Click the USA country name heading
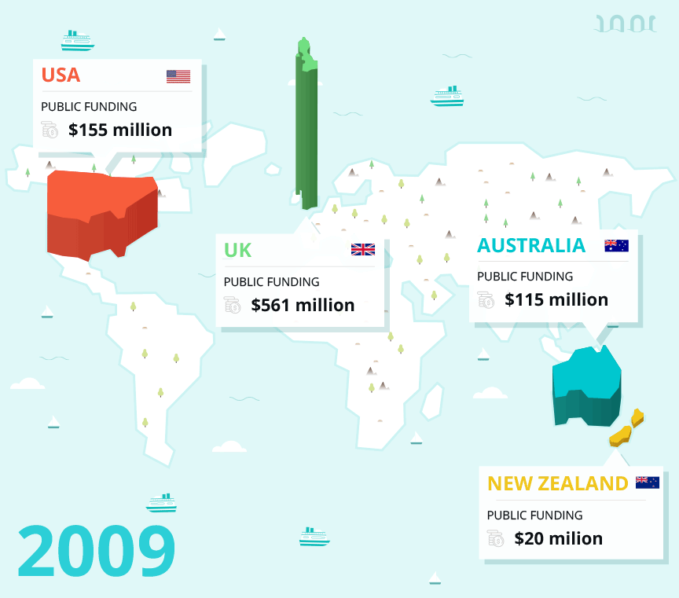[x=61, y=75]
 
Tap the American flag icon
[x=178, y=76]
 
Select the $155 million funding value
[x=120, y=130]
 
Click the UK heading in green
[x=237, y=250]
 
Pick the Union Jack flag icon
[x=362, y=250]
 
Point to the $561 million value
[x=303, y=305]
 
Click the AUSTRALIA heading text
[x=531, y=245]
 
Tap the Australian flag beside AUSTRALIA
[x=616, y=245]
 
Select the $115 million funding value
[x=556, y=299]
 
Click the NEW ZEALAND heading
[x=558, y=483]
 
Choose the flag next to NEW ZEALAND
[x=648, y=482]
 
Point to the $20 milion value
[x=559, y=538]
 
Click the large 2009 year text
[x=96, y=551]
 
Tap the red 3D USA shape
[x=101, y=212]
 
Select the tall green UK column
[x=306, y=126]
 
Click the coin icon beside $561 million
[x=232, y=305]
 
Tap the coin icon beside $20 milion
[x=495, y=538]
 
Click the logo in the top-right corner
[x=626, y=24]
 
